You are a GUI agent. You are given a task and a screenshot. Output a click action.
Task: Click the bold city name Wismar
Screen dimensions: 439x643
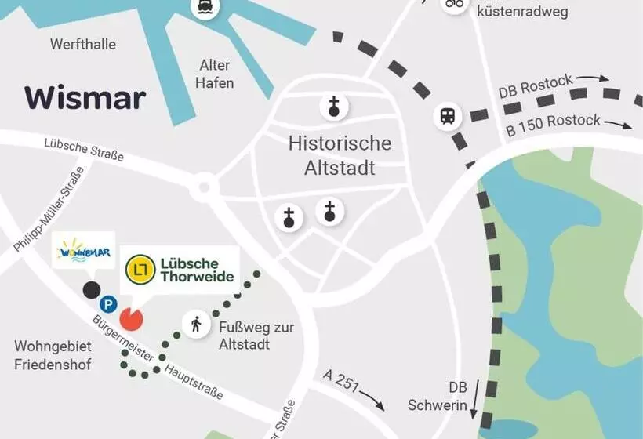point(85,98)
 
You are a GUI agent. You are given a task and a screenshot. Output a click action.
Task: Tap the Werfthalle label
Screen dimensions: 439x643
point(82,44)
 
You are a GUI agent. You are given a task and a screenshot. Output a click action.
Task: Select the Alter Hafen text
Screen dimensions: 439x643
point(214,74)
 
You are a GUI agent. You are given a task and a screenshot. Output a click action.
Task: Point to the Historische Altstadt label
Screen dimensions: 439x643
point(340,155)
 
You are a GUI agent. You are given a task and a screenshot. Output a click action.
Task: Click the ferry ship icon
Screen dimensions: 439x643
point(205,8)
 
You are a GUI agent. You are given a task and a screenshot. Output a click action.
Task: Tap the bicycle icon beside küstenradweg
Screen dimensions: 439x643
point(454,4)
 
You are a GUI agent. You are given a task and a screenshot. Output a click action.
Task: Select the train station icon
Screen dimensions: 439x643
point(448,117)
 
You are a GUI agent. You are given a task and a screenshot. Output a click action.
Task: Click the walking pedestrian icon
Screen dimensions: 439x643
point(195,323)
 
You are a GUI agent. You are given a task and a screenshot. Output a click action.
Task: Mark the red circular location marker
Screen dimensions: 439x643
point(132,317)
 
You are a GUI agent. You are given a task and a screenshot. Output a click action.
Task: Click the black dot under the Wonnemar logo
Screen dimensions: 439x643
point(92,290)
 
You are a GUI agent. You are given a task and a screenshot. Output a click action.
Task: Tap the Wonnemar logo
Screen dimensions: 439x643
point(83,252)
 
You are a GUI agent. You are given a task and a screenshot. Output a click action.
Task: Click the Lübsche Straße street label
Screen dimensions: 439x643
point(84,149)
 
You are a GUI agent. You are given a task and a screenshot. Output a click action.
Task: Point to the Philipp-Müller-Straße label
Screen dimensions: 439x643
point(49,212)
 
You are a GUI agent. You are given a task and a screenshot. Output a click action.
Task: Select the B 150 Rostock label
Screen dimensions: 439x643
point(553,124)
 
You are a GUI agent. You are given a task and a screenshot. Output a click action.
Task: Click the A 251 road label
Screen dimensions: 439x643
point(343,382)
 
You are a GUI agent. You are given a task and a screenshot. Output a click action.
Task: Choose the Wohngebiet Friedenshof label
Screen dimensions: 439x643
point(53,355)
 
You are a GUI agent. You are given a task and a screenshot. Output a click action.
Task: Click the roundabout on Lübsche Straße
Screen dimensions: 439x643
point(205,187)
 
